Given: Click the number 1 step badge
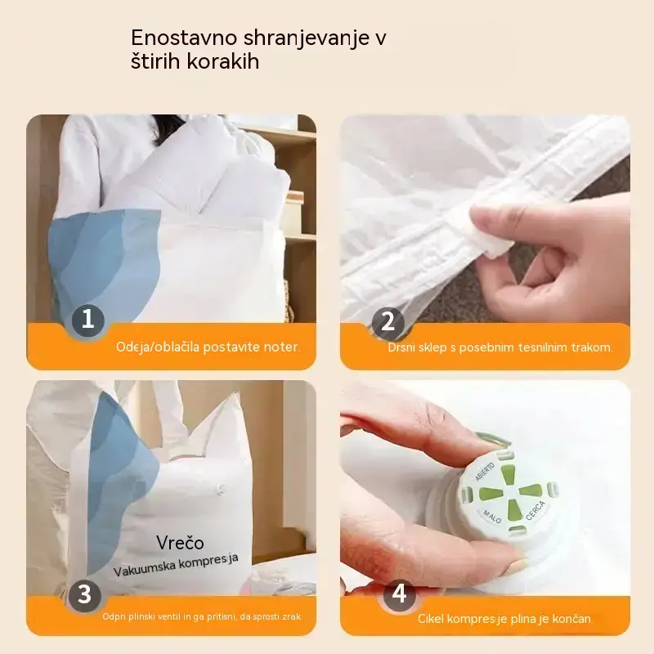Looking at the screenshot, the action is pyautogui.click(x=88, y=320).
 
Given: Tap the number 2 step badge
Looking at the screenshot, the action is pyautogui.click(x=387, y=322).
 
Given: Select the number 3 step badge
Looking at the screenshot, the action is pyautogui.click(x=85, y=594).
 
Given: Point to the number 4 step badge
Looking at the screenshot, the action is pyautogui.click(x=399, y=594).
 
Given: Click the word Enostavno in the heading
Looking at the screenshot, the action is pyautogui.click(x=184, y=38).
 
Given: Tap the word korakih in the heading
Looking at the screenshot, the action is pyautogui.click(x=223, y=61).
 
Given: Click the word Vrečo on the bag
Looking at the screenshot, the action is pyautogui.click(x=180, y=542).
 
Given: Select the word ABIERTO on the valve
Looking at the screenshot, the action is pyautogui.click(x=486, y=471).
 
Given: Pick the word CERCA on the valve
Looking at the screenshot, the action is pyautogui.click(x=535, y=510).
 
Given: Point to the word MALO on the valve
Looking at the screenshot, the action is pyautogui.click(x=492, y=517).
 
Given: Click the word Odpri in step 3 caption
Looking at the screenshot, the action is pyautogui.click(x=113, y=617).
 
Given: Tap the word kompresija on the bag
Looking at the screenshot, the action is pyautogui.click(x=208, y=562).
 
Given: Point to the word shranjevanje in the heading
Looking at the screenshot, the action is pyautogui.click(x=307, y=38).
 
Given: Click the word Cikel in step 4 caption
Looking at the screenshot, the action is pyautogui.click(x=431, y=619).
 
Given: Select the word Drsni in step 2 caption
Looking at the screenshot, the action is pyautogui.click(x=401, y=347).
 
